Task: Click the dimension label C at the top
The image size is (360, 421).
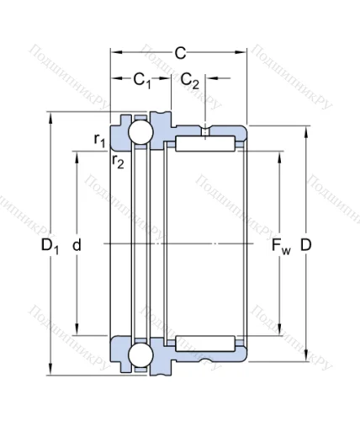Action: click(x=179, y=53)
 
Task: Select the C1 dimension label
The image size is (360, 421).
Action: click(x=141, y=81)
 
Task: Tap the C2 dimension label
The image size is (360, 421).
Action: click(x=190, y=81)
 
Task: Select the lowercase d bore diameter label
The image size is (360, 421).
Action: click(x=77, y=245)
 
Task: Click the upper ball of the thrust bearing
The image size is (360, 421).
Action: click(x=139, y=132)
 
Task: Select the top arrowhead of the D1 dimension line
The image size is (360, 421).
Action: click(x=54, y=115)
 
